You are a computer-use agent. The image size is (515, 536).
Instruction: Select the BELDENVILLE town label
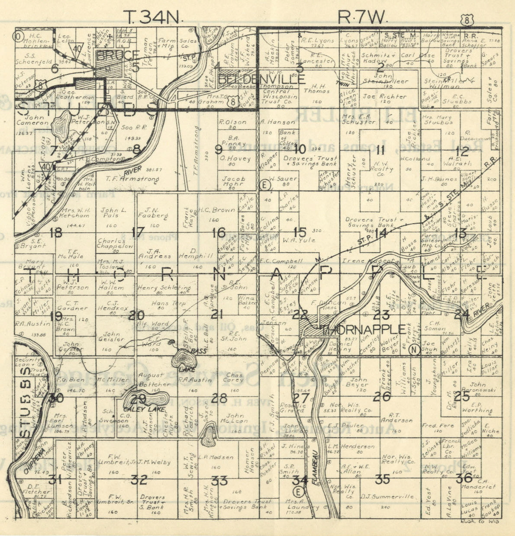[x=262, y=80]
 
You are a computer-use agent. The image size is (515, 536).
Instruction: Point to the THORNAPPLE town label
[x=364, y=330]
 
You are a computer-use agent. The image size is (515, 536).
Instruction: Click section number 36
[x=464, y=478]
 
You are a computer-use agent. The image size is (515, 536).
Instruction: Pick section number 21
[x=217, y=315]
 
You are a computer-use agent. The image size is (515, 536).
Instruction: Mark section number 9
[x=218, y=150]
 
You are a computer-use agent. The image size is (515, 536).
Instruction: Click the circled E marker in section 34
[x=298, y=491]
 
